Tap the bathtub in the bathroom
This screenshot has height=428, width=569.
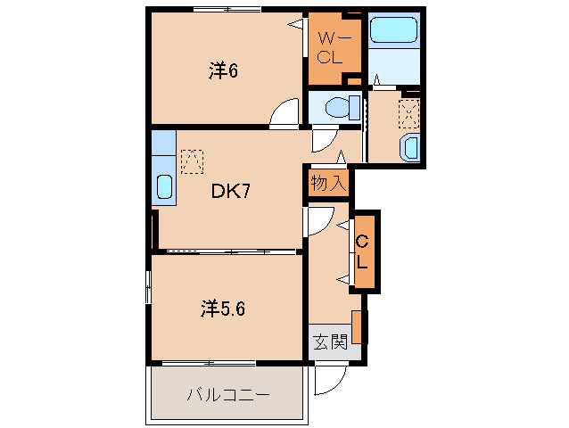[x=393, y=31]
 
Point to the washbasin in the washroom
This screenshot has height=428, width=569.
[x=410, y=147]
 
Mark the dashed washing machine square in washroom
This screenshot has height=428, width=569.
[x=408, y=112]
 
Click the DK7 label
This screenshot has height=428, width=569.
[x=229, y=191]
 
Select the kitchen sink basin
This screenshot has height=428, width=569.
[x=164, y=187]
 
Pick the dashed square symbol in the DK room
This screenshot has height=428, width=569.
[x=191, y=160]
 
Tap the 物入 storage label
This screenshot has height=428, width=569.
[x=327, y=184]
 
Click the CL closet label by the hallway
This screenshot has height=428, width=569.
[x=363, y=251]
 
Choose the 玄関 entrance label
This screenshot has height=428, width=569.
[x=328, y=341]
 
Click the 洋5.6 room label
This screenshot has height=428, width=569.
[x=223, y=309]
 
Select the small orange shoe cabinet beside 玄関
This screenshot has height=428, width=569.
[x=357, y=326]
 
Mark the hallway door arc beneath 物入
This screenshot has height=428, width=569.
[x=319, y=220]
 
